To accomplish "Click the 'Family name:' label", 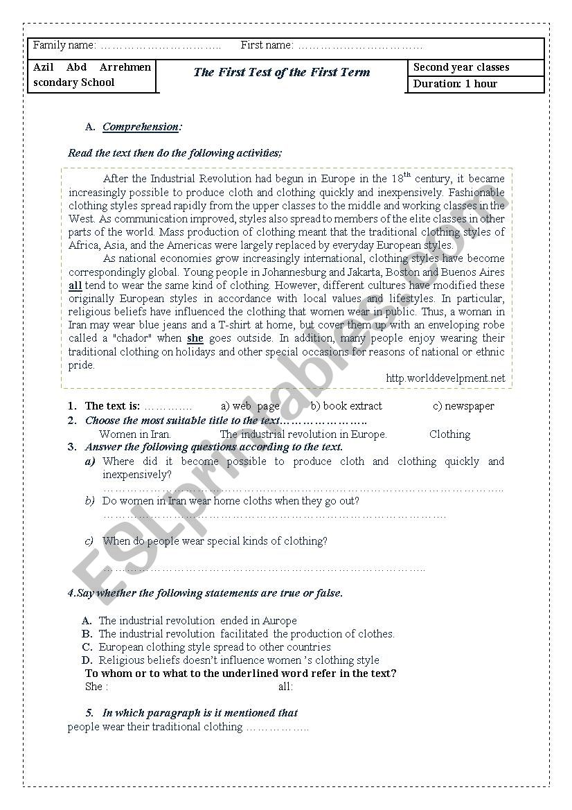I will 64,45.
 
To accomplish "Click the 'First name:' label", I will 267,45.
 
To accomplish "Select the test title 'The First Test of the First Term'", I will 282,72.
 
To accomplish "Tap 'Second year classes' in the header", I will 461,67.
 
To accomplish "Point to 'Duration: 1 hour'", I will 456,84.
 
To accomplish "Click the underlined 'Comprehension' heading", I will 141,127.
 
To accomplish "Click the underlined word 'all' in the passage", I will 75,285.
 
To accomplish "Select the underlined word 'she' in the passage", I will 195,339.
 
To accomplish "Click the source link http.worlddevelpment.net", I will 445,378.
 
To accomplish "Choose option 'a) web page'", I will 250,406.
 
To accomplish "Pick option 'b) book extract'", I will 346,406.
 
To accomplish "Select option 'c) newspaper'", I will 463,406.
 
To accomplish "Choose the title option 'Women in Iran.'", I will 136,434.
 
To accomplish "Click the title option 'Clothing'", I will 449,434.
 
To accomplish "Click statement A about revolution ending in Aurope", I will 197,621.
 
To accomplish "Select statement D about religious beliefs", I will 239,660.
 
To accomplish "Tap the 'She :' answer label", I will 96,687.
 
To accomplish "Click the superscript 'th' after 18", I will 407,175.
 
